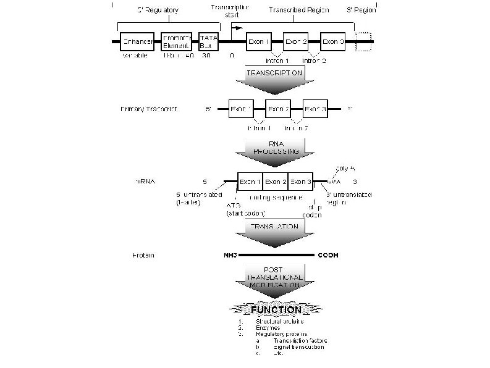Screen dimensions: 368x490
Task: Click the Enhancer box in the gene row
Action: coord(136,42)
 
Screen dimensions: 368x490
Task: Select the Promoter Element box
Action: coord(177,42)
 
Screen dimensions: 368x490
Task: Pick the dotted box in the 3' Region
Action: coord(364,42)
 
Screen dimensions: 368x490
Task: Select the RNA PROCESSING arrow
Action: coord(272,154)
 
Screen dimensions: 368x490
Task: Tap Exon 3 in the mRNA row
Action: coord(301,182)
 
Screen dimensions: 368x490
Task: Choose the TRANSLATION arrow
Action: coord(272,232)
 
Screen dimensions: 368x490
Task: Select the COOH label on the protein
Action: coord(328,254)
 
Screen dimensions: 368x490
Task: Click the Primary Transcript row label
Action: coord(149,109)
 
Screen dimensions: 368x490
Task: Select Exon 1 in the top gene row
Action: coord(258,42)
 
